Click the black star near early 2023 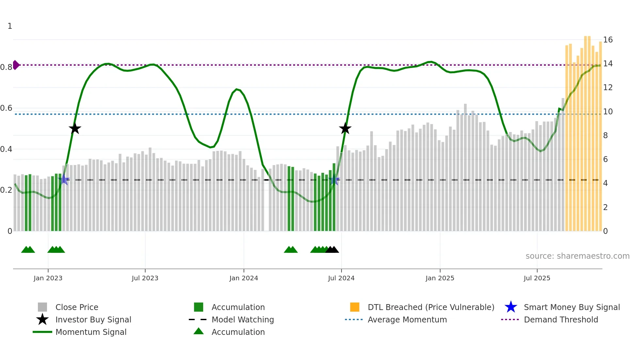point(75,128)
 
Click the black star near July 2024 point(345,128)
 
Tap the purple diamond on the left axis point(16,65)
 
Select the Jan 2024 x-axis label point(244,278)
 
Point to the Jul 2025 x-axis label point(537,278)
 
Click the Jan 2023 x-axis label point(48,278)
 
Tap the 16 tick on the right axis point(608,40)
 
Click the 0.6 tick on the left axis point(7,108)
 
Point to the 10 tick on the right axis point(608,112)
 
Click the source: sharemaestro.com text point(577,256)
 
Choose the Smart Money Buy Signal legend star point(511,307)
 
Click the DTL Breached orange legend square point(355,307)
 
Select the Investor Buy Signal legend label point(93,319)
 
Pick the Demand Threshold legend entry point(561,319)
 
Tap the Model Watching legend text point(243,319)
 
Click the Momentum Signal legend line point(42,332)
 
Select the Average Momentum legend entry point(407,319)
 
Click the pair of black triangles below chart point(332,250)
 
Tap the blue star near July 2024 point(334,180)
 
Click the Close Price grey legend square point(42,307)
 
